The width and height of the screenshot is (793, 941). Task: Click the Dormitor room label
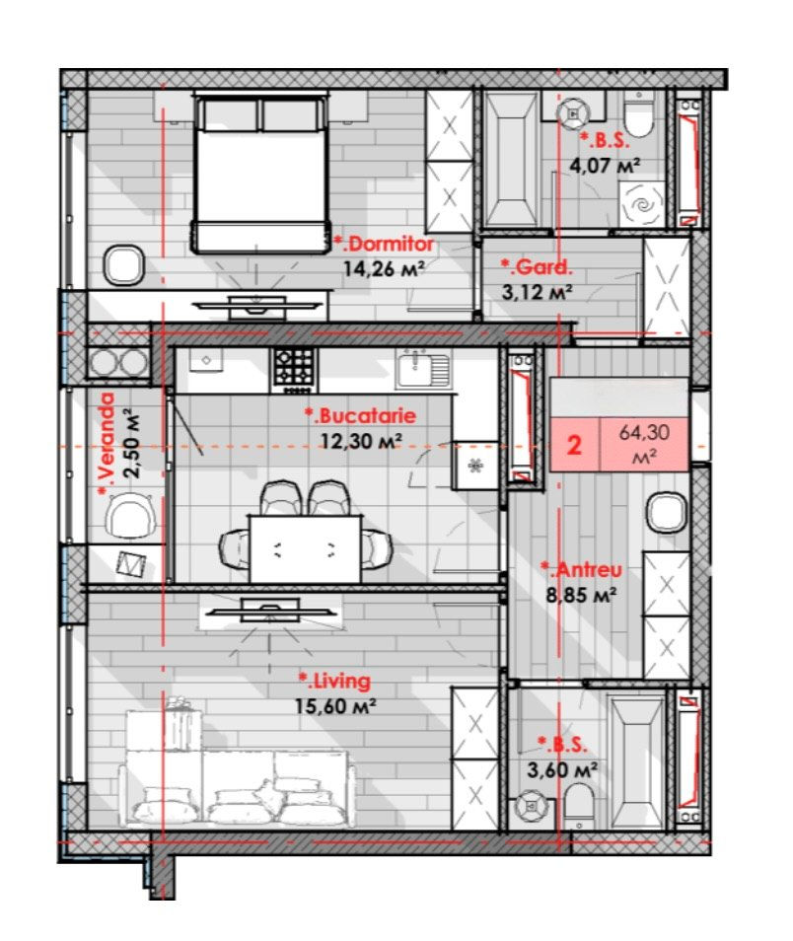pyautogui.click(x=385, y=245)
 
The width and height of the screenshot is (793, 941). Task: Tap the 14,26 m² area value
pyautogui.click(x=385, y=268)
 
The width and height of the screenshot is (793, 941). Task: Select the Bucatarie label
pyautogui.click(x=360, y=415)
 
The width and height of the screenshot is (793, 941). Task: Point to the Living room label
pyautogui.click(x=334, y=681)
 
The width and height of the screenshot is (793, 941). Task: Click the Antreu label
pyautogui.click(x=581, y=569)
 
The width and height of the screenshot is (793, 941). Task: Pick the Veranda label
pyautogui.click(x=107, y=444)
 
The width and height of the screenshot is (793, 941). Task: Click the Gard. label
pyautogui.click(x=537, y=266)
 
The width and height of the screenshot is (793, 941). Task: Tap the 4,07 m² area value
pyautogui.click(x=604, y=165)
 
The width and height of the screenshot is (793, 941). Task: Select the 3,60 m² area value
pyautogui.click(x=562, y=769)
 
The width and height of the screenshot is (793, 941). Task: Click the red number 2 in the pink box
pyautogui.click(x=574, y=445)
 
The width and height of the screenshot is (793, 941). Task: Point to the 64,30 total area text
pyautogui.click(x=644, y=432)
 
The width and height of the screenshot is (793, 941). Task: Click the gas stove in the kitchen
pyautogui.click(x=294, y=369)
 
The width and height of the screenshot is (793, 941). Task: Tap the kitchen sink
pyautogui.click(x=423, y=367)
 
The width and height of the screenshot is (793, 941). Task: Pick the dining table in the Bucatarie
pyautogui.click(x=306, y=548)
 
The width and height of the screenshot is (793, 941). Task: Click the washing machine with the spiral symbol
pyautogui.click(x=642, y=204)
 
